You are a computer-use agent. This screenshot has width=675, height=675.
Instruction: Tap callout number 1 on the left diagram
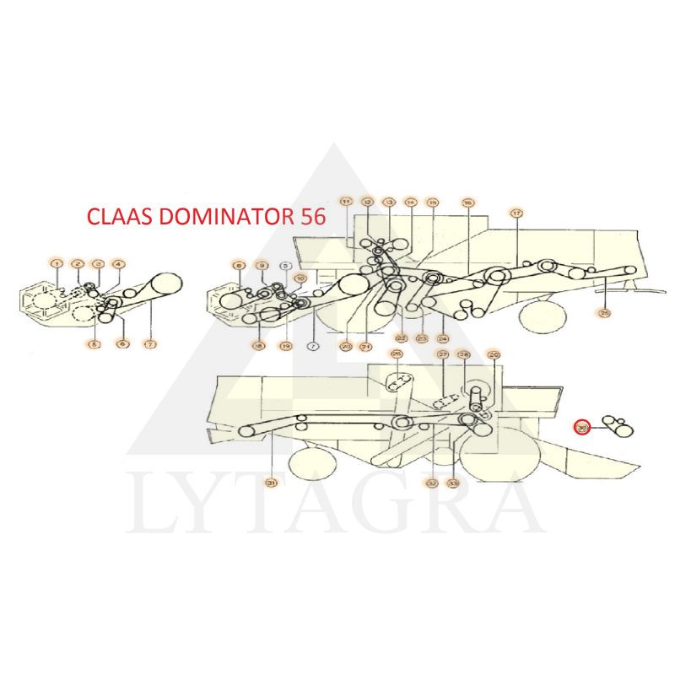(57, 265)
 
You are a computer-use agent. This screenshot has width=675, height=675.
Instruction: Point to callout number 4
(118, 265)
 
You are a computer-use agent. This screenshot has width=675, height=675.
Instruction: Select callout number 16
(467, 202)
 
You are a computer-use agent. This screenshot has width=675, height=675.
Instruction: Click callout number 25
(603, 313)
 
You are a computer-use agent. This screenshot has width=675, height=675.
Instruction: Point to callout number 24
(442, 338)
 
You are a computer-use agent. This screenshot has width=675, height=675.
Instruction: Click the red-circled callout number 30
(580, 428)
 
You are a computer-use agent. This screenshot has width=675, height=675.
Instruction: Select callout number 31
(272, 483)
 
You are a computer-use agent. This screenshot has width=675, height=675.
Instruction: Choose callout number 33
(453, 483)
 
